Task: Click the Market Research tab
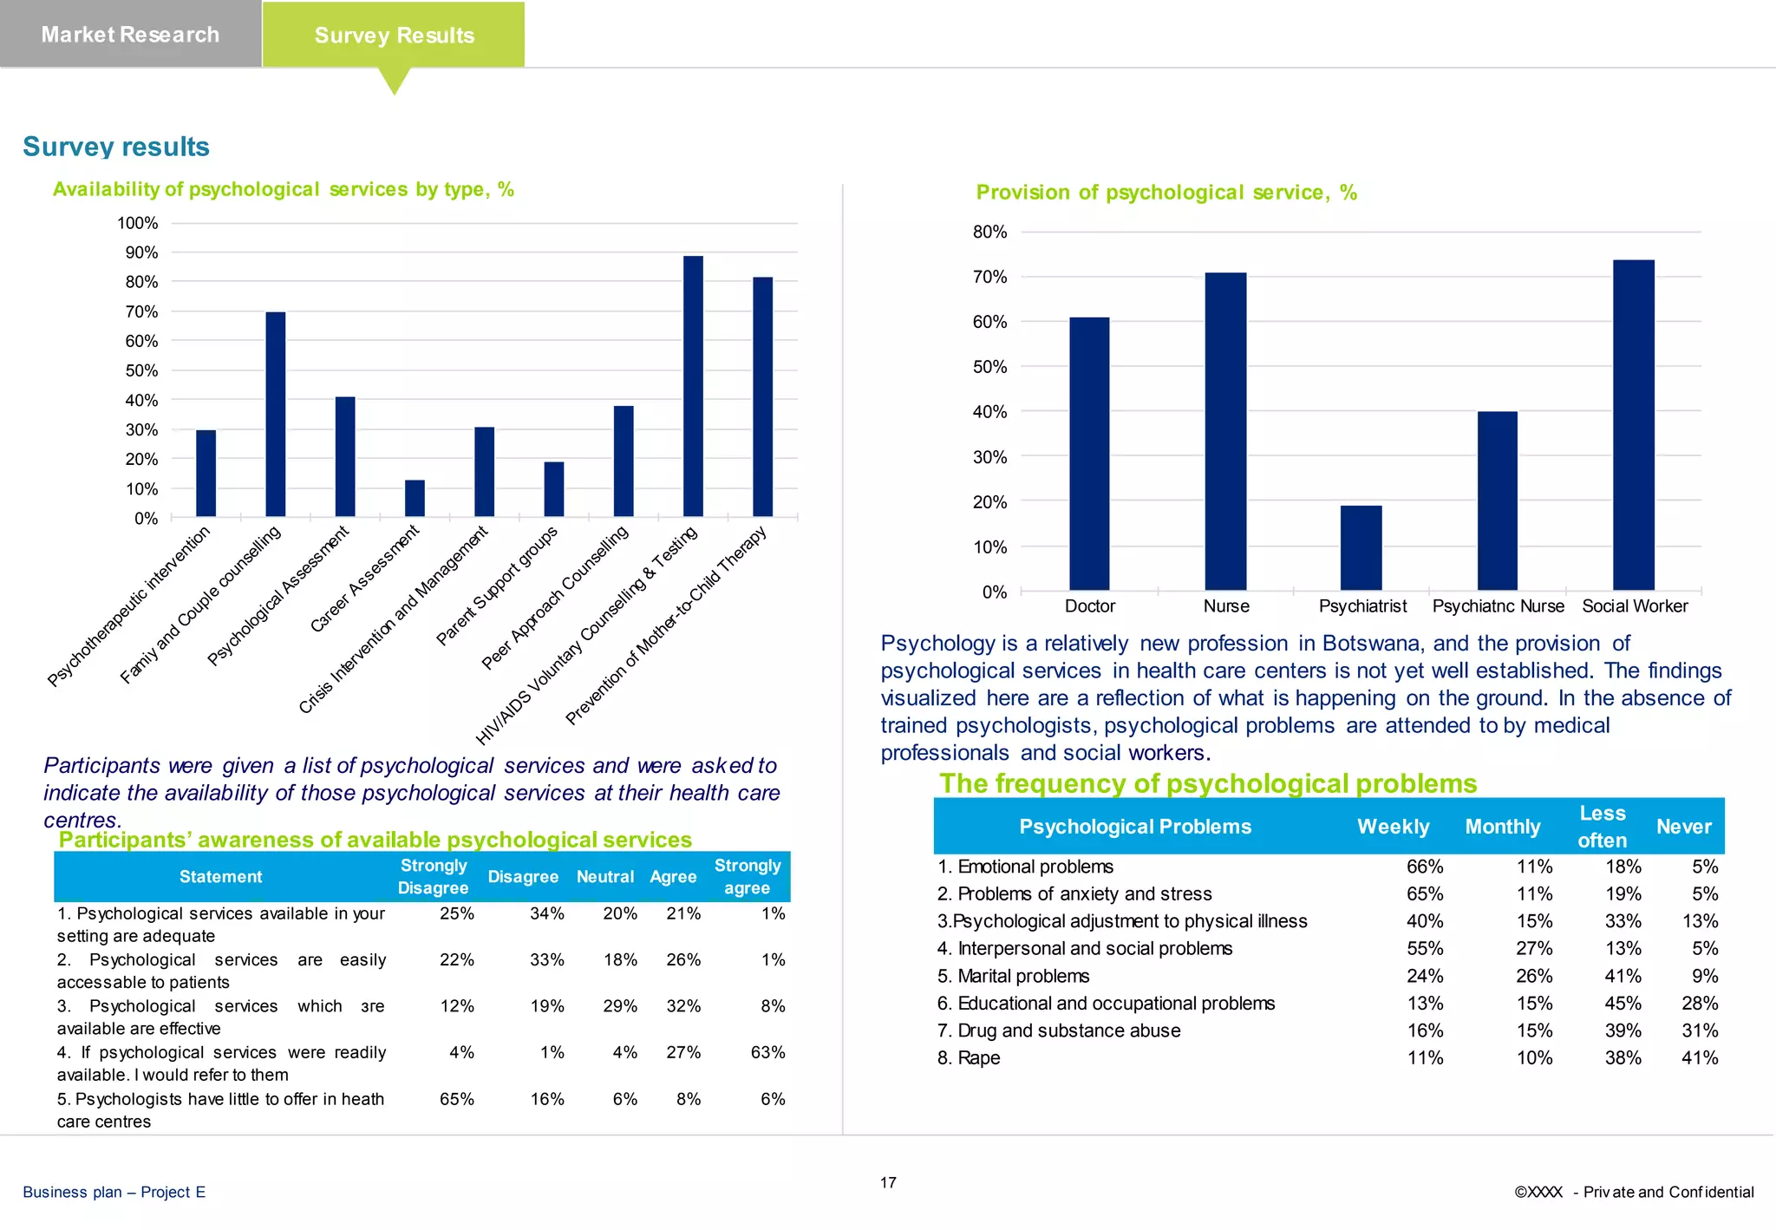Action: click(130, 35)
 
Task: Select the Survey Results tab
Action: click(394, 36)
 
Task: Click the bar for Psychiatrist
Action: click(1361, 547)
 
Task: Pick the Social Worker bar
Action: click(1633, 425)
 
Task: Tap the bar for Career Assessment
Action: click(415, 498)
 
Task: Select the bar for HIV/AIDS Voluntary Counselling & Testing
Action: click(693, 386)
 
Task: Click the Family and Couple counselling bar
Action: click(275, 414)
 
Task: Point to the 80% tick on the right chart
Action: click(989, 232)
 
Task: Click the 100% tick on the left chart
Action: click(138, 223)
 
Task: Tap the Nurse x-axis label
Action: click(1225, 606)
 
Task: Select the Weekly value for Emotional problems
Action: click(1424, 867)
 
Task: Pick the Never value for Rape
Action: click(1699, 1057)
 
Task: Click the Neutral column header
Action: click(604, 876)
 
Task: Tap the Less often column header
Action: click(1602, 827)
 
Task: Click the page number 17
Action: click(888, 1182)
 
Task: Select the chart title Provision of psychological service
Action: click(1165, 193)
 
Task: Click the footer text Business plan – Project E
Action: click(114, 1192)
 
